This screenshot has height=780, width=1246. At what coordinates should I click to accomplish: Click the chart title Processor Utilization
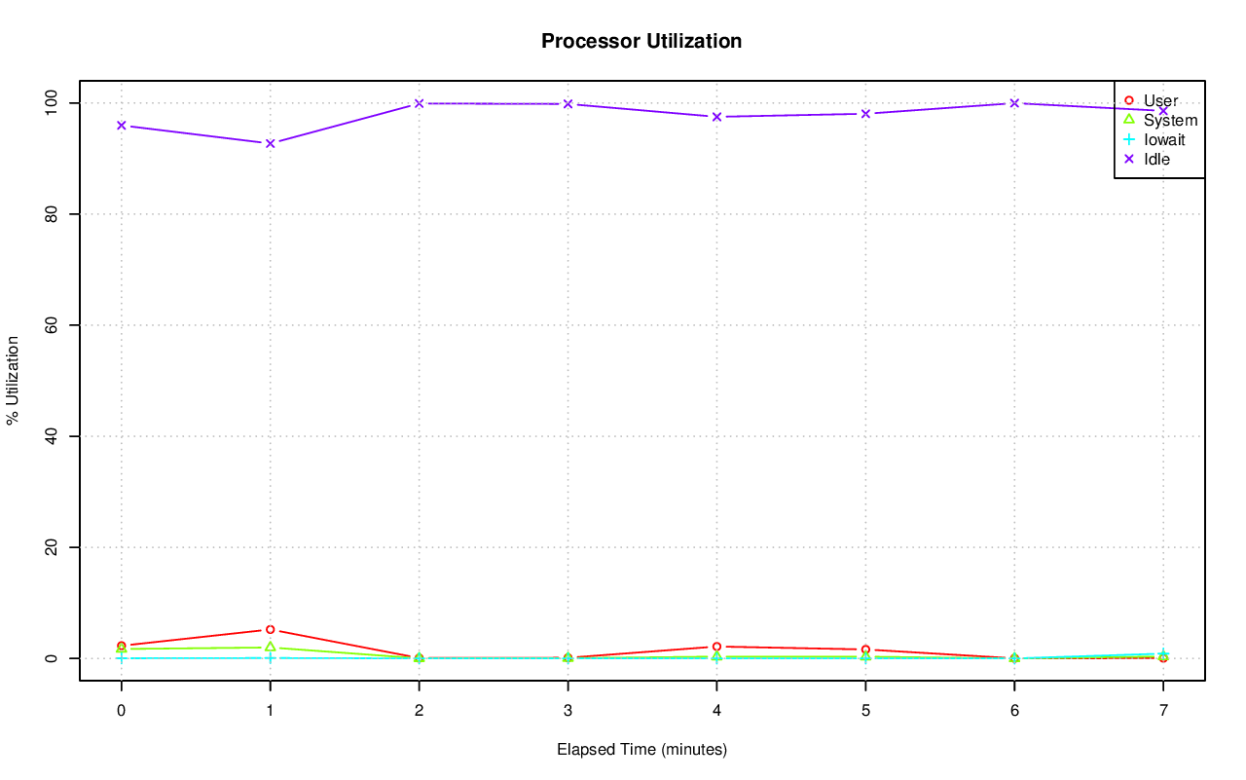pos(641,41)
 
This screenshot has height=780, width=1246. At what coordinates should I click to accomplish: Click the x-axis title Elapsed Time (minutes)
pos(641,750)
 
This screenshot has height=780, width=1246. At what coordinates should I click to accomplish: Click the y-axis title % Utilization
pos(13,380)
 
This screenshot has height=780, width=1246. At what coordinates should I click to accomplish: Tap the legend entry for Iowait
pos(1164,139)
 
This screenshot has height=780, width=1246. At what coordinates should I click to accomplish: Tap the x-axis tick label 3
pos(568,711)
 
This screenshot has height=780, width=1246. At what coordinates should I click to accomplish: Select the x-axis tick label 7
pos(1163,711)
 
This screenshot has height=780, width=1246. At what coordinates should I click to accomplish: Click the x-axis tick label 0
pos(121,711)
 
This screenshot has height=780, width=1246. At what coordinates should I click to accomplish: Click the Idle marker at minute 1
pos(270,143)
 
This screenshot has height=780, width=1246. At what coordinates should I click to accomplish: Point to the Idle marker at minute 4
pos(716,117)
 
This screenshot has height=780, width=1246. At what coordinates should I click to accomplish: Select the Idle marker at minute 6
pos(1014,103)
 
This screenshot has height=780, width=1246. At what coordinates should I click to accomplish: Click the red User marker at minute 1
pos(270,630)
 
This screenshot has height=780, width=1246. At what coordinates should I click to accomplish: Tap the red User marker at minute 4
pos(716,647)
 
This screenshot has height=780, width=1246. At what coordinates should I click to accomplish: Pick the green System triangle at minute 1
pos(270,647)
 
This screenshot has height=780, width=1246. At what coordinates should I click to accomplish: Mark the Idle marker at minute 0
pos(121,126)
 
